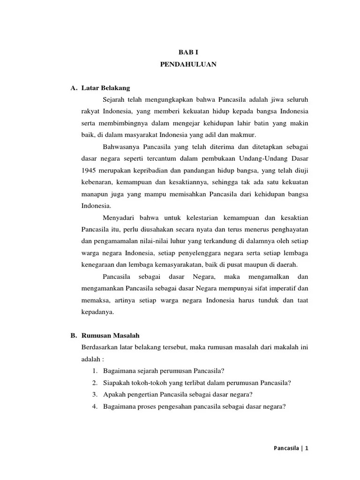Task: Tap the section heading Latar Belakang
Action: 105,88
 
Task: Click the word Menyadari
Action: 118,217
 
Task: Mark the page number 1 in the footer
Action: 307,448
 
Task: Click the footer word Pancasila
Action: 287,448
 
